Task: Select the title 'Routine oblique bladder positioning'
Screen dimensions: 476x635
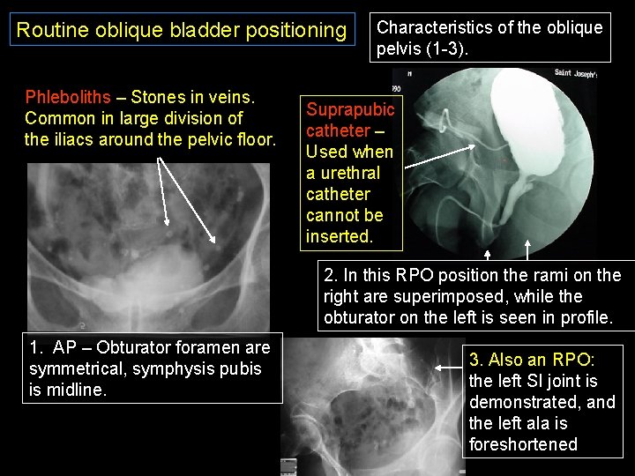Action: pos(182,31)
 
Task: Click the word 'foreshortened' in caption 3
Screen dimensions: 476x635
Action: pos(523,444)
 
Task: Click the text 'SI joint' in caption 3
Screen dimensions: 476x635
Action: pos(542,381)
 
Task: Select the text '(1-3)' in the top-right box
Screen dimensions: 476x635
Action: pos(448,48)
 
